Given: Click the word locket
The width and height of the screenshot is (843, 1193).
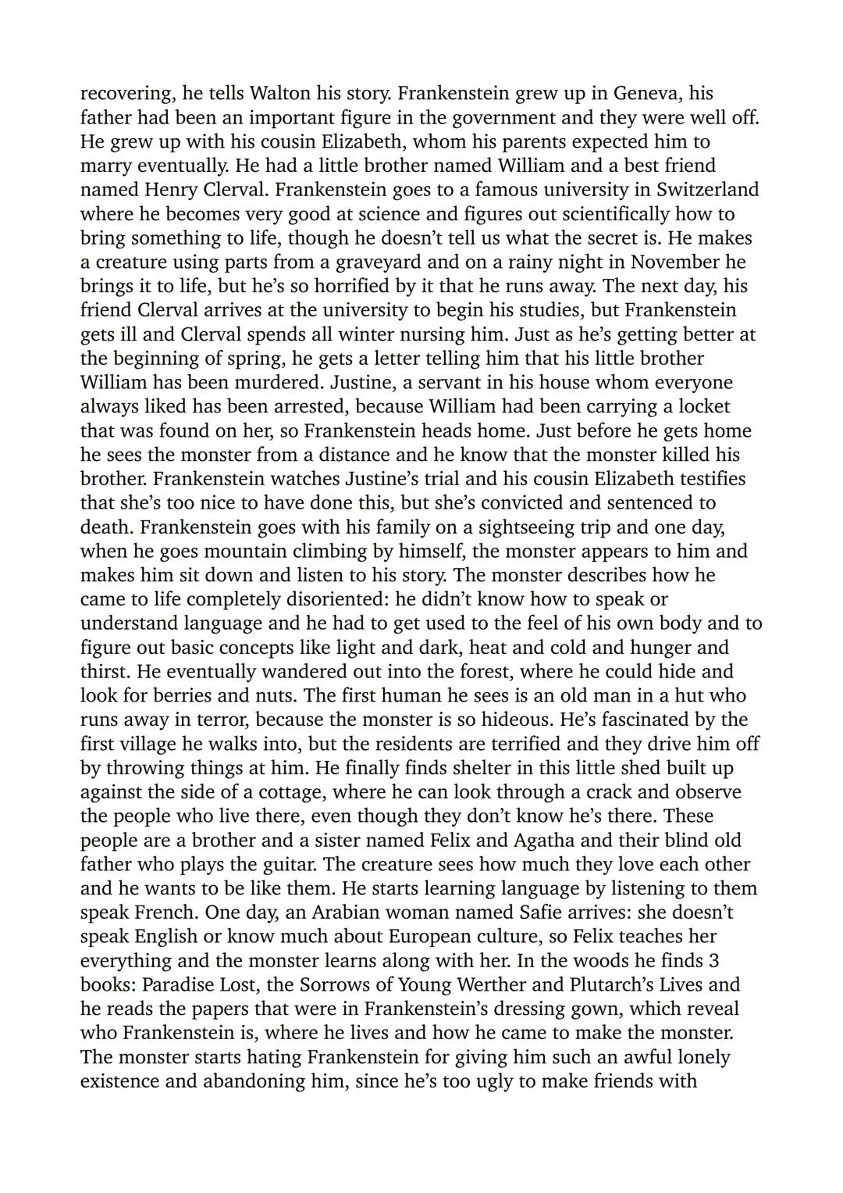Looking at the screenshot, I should [x=702, y=407].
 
